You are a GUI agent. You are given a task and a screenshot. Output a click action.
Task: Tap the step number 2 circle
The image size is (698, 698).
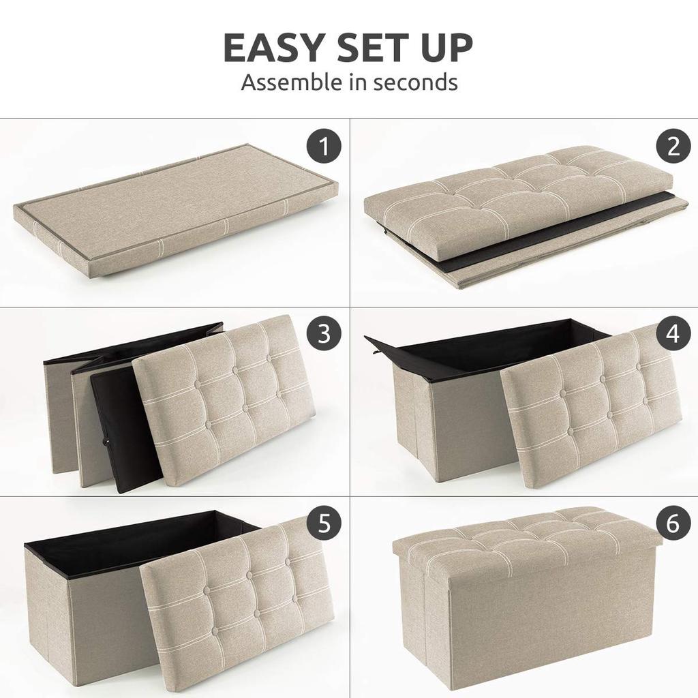coord(673,147)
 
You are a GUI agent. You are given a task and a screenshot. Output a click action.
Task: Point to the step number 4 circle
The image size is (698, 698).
coord(673,333)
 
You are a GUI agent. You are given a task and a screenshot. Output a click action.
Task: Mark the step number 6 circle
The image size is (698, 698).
coord(673,523)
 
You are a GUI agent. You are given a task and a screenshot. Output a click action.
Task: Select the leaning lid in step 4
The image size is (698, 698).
coord(590,409)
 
